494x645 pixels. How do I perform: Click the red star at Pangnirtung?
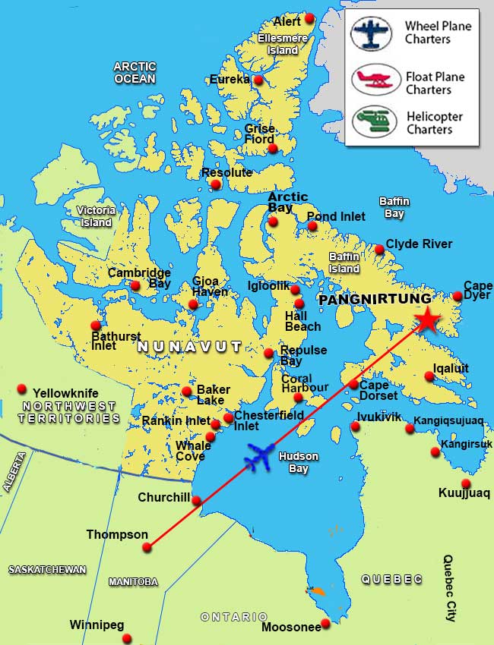point(427,321)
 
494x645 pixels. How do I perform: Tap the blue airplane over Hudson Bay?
point(260,457)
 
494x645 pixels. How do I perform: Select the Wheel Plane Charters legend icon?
point(371,33)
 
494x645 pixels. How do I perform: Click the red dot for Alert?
point(309,18)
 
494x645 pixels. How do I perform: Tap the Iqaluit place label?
point(451,368)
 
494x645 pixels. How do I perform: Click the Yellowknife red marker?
point(21,389)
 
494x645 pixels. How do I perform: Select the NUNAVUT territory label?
point(189,347)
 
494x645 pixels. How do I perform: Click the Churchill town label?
point(163,498)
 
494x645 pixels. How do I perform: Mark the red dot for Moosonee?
point(325,624)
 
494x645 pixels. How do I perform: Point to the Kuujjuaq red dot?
point(466,483)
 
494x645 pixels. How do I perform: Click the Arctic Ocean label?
point(135,72)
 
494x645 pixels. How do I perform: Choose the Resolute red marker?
point(216,184)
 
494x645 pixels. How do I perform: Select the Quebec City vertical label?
point(449,588)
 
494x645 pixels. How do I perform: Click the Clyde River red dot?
point(379,249)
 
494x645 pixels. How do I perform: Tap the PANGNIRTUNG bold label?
point(375,300)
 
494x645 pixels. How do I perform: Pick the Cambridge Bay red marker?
point(135,286)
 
